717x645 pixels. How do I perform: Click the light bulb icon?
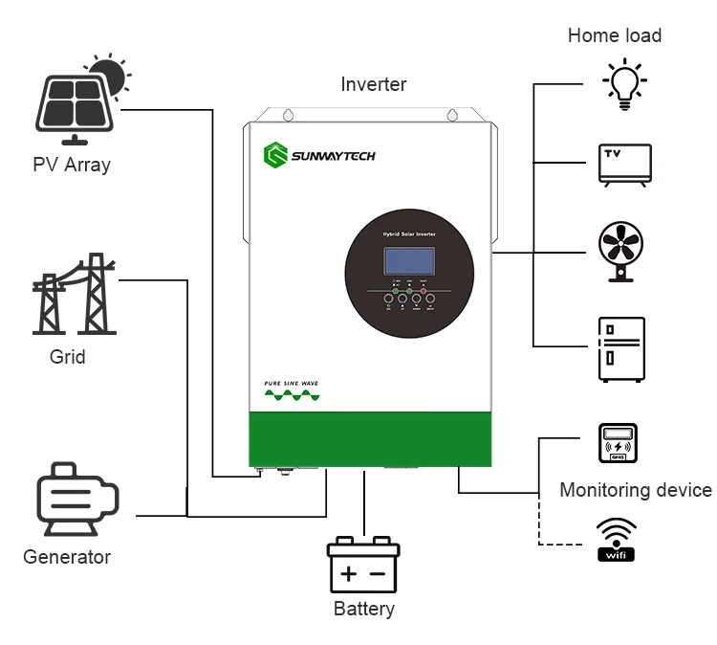623,83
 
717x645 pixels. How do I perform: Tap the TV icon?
623,164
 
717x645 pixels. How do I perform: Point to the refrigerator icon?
621,349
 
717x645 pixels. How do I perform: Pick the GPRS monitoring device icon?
617,447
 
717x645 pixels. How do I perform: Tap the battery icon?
363,566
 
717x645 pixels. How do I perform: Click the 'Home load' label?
615,35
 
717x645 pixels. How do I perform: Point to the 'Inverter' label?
374,84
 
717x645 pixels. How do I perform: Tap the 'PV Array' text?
72,165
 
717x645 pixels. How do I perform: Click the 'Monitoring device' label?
636,490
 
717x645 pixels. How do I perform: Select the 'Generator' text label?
67,557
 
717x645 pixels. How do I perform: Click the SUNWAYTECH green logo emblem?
276,154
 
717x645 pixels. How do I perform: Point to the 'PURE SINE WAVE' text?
292,383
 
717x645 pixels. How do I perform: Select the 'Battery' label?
363,609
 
